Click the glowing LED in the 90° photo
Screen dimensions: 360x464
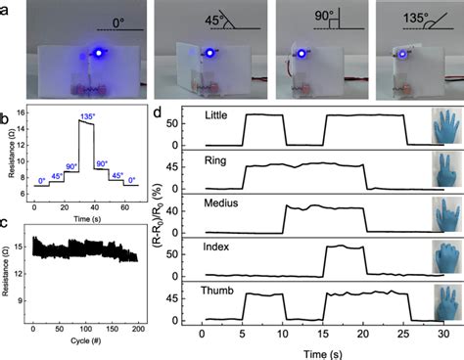coord(304,55)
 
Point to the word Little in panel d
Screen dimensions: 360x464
coord(219,115)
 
